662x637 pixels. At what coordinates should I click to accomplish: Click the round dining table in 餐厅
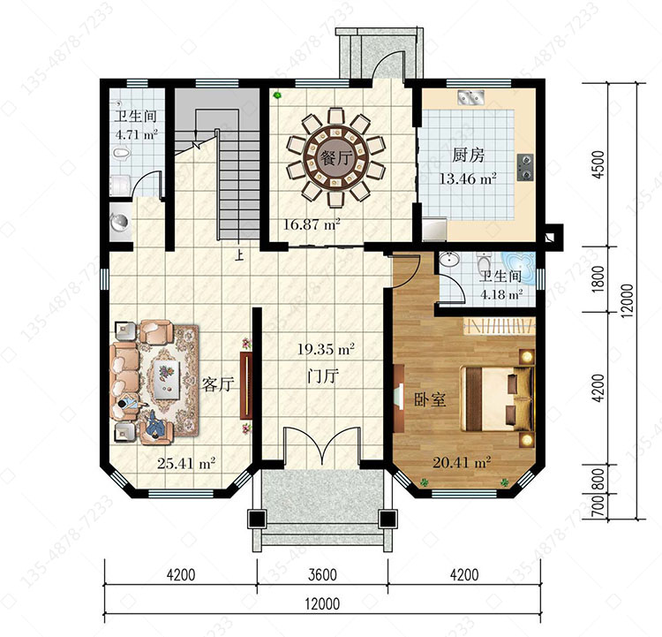pos(335,157)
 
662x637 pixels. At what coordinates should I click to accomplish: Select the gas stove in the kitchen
pos(525,167)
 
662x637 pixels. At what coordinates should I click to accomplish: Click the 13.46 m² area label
pos(468,178)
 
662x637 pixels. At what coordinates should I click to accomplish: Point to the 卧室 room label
pos(430,399)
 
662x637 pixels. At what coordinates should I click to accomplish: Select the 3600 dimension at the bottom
pos(322,575)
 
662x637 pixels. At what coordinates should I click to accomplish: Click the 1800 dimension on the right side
pos(598,279)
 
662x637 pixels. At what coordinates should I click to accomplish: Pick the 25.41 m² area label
pos(186,463)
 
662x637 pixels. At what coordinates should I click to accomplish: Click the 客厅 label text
pos(218,384)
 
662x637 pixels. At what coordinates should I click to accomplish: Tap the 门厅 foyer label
pos(323,375)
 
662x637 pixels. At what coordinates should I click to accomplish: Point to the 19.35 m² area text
pos(326,349)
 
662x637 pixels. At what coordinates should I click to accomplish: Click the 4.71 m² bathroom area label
pos(136,135)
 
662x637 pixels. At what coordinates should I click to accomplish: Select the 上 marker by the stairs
pos(239,255)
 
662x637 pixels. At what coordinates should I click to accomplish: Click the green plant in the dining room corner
pos(277,95)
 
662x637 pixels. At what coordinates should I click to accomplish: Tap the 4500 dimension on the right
pos(598,164)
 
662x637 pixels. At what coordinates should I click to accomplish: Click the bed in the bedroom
pos(497,399)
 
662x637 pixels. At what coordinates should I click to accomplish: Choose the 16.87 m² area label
pos(312,224)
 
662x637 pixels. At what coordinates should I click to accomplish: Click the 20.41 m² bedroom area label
pos(462,462)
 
